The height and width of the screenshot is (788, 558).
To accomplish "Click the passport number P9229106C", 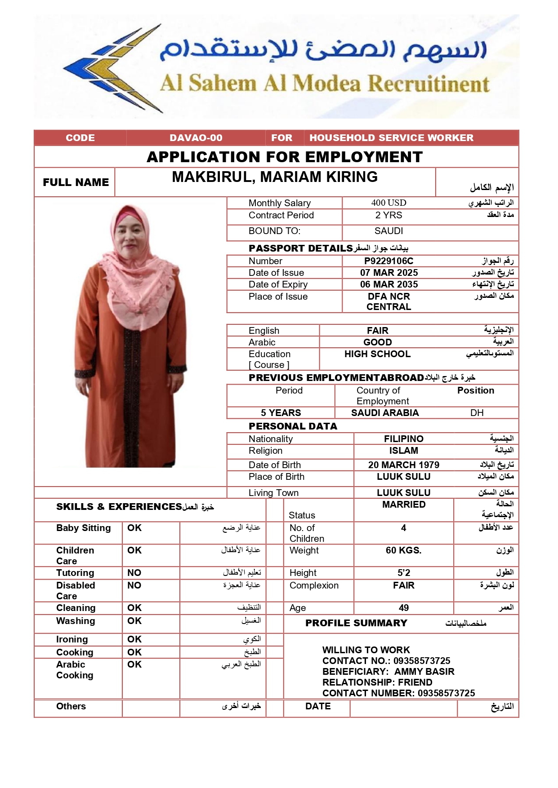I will (388, 261).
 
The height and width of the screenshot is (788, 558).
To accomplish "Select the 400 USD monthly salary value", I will (388, 203).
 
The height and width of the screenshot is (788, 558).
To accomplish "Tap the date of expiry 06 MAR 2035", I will (388, 284).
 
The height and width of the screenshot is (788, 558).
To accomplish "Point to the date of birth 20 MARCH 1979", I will (403, 465).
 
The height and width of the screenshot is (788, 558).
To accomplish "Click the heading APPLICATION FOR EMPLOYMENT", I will (285, 157).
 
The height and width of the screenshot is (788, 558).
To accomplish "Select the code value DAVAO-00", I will (196, 138).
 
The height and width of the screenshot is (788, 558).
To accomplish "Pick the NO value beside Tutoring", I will (134, 573).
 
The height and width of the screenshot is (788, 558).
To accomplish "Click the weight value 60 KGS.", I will (403, 550).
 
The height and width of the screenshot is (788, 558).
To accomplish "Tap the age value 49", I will (403, 608).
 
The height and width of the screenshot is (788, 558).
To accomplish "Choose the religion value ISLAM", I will (403, 451).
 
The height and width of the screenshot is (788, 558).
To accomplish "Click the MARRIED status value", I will (403, 505).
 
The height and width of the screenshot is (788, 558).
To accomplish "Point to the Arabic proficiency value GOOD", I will (377, 342).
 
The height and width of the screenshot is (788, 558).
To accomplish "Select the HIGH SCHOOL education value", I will (377, 354).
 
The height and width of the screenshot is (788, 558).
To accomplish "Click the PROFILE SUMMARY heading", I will (356, 623).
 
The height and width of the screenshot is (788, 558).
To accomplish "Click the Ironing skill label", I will (72, 639).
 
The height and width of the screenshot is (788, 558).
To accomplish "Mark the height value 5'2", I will (403, 573).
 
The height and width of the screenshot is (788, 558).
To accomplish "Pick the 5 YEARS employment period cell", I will (281, 413).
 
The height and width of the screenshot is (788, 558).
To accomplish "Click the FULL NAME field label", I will (76, 182).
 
